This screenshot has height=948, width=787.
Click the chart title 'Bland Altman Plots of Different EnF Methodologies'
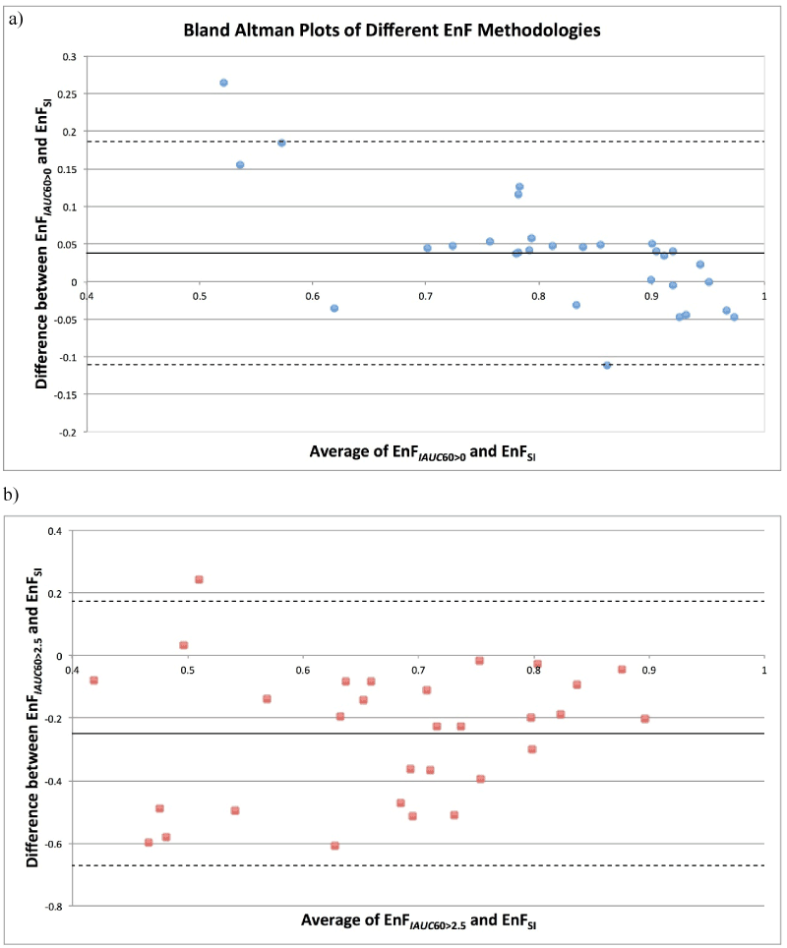click(x=393, y=30)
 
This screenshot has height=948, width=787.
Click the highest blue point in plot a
click(x=223, y=83)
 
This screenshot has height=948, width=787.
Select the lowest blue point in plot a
click(x=607, y=365)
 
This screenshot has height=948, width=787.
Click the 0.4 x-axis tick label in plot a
click(x=88, y=295)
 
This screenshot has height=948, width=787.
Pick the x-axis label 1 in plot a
click(x=761, y=295)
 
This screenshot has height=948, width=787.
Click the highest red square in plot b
click(x=199, y=579)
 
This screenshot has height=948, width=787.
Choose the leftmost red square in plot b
click(x=94, y=681)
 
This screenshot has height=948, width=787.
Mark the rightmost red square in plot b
click(x=645, y=719)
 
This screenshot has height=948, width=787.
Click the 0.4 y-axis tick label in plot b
click(x=59, y=531)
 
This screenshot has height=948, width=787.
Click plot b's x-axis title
click(x=423, y=923)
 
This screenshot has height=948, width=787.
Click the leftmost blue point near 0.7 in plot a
click(x=427, y=248)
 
